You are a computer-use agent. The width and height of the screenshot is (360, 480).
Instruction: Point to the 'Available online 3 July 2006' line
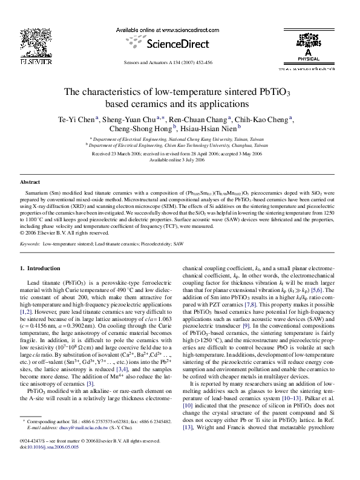point(180,160)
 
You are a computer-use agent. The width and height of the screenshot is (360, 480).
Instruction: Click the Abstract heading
point(30,181)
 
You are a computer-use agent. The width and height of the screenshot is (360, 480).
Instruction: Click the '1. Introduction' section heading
point(41,267)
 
